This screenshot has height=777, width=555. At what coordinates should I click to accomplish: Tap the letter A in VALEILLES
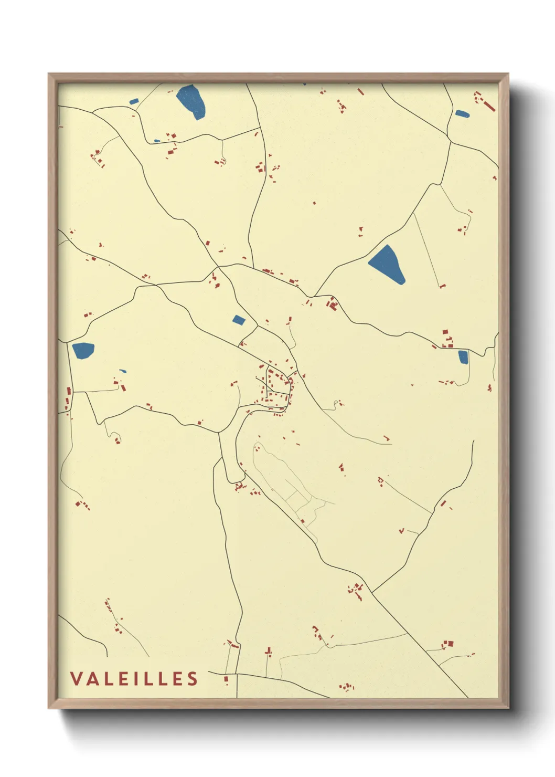[91, 678]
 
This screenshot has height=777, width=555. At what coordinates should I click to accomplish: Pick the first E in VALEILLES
[122, 678]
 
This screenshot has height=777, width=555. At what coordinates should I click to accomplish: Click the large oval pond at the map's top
[191, 101]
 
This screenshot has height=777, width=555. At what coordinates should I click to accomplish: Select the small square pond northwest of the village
[239, 320]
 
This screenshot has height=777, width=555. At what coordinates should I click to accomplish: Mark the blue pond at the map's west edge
[83, 350]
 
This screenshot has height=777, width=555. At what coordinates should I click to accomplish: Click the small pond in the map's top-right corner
[462, 113]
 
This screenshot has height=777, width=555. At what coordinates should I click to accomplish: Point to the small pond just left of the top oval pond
[134, 101]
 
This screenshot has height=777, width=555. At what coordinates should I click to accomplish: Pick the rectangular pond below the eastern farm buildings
[463, 357]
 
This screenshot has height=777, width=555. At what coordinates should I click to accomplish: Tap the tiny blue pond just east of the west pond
[123, 371]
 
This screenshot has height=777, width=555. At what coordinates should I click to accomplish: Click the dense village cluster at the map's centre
[275, 388]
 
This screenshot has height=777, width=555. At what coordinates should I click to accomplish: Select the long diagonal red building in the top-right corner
[489, 105]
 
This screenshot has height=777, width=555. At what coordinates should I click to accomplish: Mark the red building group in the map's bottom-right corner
[447, 644]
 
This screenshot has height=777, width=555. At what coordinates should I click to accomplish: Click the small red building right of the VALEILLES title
[227, 679]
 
